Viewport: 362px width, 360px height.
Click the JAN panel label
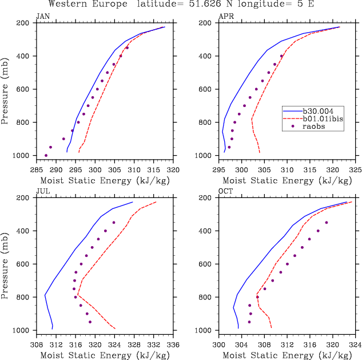[43, 15]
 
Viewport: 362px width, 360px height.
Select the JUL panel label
[43, 191]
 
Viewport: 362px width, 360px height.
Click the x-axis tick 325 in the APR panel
[356, 170]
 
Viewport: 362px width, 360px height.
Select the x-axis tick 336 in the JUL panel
[173, 345]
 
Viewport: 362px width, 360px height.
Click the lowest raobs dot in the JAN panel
[46, 155]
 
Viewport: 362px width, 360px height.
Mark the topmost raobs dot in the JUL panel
[114, 223]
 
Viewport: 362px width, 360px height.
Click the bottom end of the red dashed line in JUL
[115, 329]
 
